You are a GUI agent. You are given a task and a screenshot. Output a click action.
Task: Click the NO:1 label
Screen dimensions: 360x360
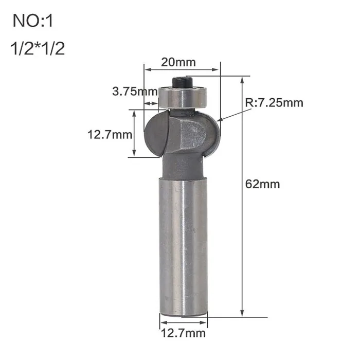point(33,21)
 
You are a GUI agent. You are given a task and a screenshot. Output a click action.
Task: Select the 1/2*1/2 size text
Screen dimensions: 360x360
point(38,49)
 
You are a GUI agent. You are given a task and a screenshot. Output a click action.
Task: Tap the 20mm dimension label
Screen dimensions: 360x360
point(178,62)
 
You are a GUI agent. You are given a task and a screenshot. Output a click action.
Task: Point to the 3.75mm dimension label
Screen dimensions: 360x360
point(135,92)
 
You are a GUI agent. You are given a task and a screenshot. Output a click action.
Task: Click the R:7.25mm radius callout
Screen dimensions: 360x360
point(274,103)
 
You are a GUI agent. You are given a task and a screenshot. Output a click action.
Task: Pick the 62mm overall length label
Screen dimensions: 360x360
point(263,184)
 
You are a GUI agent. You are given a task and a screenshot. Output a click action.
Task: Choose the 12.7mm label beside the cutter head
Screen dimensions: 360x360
point(110,135)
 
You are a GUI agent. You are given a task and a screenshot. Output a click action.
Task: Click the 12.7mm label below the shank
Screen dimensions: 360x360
point(183,333)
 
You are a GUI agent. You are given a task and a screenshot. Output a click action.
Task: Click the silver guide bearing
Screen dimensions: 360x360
point(183,97)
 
